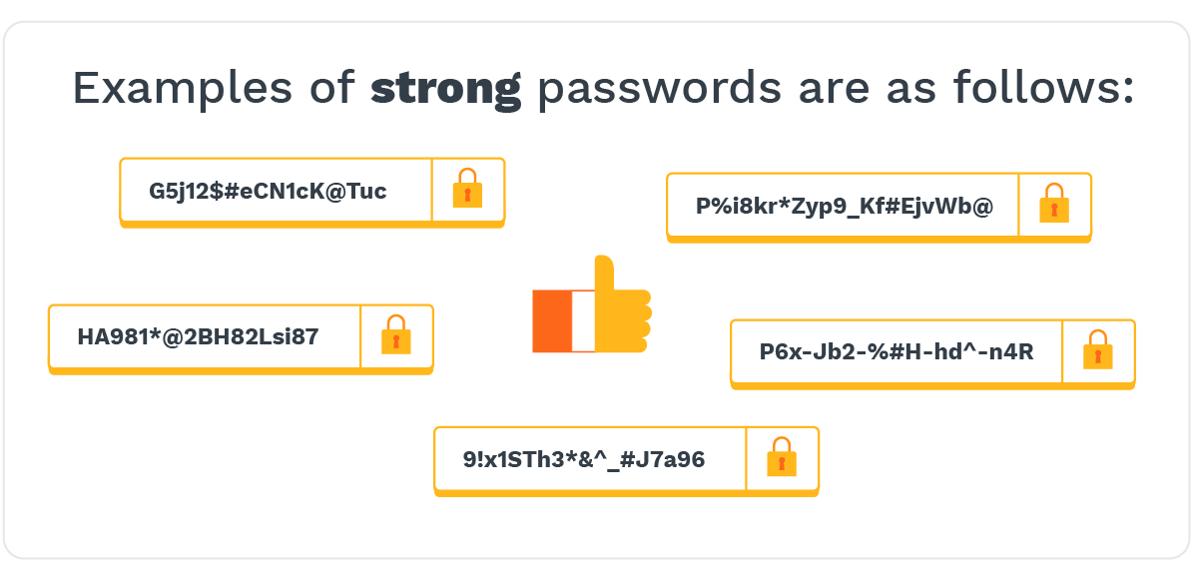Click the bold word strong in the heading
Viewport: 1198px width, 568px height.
tap(445, 90)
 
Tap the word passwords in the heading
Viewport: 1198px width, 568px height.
tap(659, 90)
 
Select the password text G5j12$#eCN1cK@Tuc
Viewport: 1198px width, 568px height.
tap(268, 191)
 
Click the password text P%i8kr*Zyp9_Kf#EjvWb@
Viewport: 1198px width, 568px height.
tap(845, 207)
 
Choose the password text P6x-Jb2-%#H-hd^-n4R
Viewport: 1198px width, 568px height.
tap(897, 352)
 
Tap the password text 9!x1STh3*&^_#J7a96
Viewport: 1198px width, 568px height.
tap(584, 460)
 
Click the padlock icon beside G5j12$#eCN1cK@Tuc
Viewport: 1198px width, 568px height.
tap(467, 190)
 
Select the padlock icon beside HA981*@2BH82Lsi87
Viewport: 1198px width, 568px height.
tap(396, 336)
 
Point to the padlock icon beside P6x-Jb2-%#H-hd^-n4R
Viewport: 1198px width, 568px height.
tap(1098, 351)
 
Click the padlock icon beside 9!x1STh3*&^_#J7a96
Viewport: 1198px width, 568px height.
tap(782, 458)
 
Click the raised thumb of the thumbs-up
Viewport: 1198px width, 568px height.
tap(604, 275)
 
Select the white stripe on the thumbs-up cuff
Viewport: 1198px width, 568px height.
tap(582, 321)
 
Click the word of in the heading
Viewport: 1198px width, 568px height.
tap(325, 89)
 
